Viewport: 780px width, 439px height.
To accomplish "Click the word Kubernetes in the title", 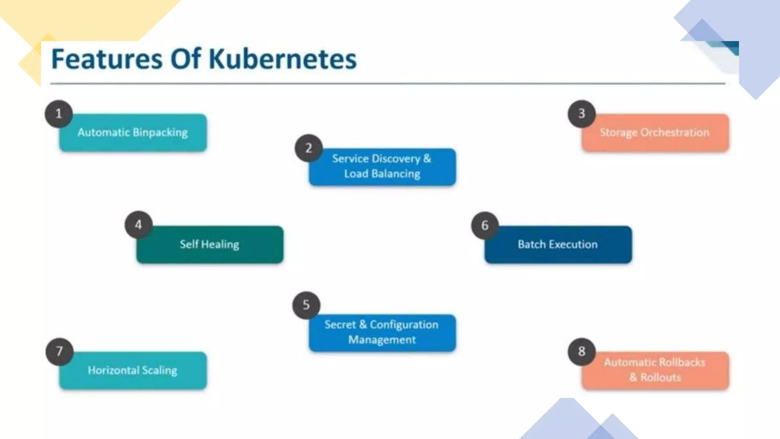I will coord(283,59).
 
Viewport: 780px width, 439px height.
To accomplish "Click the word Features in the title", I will coord(107,59).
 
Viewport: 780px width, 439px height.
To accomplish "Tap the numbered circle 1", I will coord(59,114).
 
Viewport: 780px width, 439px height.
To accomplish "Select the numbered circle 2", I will coord(308,148).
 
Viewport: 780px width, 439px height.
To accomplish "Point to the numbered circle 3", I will coord(582,114).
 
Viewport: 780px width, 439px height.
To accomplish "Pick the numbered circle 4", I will coord(139,224).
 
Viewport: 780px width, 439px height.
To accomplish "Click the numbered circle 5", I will coord(306,305).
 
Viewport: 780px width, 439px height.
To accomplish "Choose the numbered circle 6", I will coord(485,225).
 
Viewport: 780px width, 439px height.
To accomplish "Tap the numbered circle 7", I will coord(59,351).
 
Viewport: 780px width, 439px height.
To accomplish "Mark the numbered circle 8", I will coord(582,351).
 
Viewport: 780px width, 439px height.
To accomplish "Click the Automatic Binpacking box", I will coord(133,133).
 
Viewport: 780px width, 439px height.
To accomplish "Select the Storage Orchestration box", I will coord(655,133).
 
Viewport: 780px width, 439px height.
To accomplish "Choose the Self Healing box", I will coord(210,244).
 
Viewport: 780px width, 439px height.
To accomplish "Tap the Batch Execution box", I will coord(558,244).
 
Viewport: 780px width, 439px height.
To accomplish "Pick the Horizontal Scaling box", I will coord(133,370).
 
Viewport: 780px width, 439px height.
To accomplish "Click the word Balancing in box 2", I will coord(396,174).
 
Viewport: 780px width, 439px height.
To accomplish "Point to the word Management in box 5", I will coord(382,340).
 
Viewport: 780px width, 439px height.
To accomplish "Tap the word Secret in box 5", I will coord(340,325).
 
